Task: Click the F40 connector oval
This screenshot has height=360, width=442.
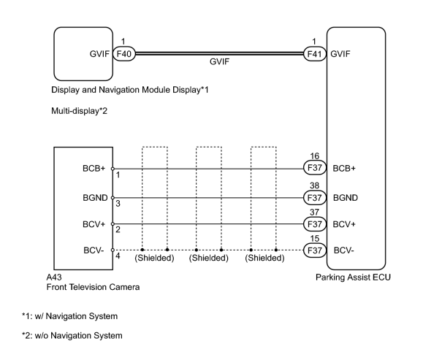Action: coord(124,53)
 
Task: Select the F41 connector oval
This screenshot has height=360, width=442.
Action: coord(315,53)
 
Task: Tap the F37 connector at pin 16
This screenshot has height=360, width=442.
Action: coord(315,168)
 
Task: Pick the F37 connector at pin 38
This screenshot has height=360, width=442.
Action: coord(315,197)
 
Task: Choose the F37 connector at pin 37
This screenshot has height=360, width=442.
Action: coord(315,224)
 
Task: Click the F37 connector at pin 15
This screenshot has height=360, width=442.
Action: coord(315,250)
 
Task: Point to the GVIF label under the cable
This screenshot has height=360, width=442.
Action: coord(219,61)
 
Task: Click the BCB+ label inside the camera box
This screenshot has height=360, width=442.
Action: coord(94,168)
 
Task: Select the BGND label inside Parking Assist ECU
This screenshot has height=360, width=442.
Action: coord(346,198)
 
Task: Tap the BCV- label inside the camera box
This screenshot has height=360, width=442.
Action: coord(94,250)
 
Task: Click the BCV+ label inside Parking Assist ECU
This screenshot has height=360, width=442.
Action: coord(344,224)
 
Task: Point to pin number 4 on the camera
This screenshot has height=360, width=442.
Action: coord(118,256)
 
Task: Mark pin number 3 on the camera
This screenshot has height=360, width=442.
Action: coord(118,203)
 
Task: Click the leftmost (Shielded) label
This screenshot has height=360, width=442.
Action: coord(154,258)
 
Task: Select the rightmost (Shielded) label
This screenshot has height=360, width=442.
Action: coord(264,258)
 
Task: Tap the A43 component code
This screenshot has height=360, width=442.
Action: coord(54,277)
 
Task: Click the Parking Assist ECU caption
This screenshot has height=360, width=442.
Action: coord(353,277)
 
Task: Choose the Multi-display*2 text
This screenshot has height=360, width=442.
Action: coord(79,111)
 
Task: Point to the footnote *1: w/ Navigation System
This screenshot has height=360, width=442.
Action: coord(69,316)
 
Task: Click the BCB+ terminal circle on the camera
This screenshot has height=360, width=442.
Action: coord(113,169)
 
